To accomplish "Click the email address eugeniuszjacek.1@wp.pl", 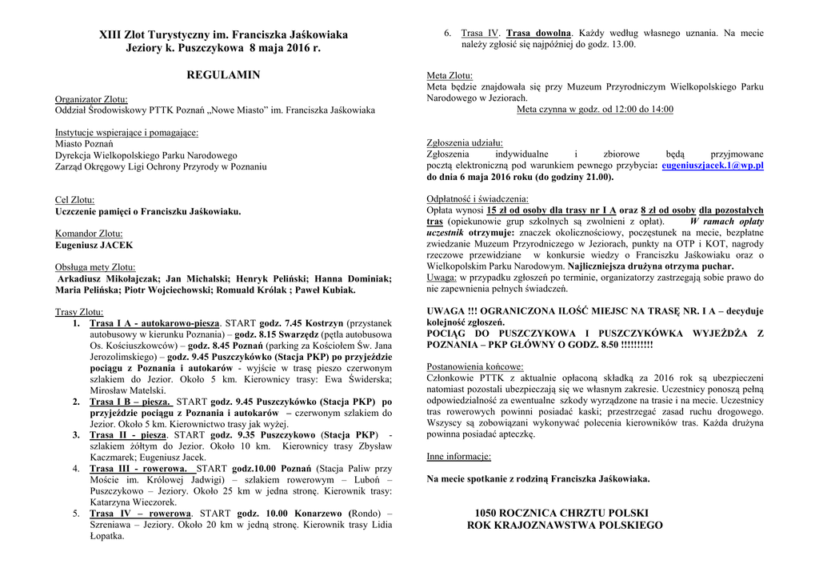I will [713, 166].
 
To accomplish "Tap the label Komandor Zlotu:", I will [89, 234].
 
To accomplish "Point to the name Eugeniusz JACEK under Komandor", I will [94, 246].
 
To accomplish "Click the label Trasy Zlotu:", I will [79, 311].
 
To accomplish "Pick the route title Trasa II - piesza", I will [128, 434].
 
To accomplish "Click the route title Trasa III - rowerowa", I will [139, 468].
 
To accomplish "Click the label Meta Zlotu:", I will [449, 75].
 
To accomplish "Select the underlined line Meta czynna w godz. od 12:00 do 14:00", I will [595, 110].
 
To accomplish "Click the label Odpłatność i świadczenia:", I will [477, 199].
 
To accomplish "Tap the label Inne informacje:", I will [459, 457].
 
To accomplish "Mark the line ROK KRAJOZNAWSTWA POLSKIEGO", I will [565, 526].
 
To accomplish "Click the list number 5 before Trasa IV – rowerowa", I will [76, 513].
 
